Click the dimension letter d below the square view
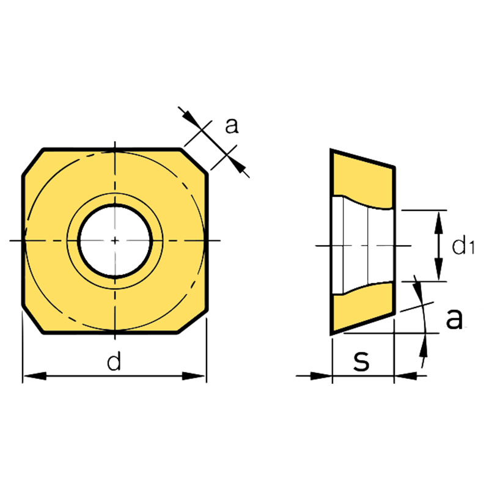coord(114,362)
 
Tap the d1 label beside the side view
coord(463,246)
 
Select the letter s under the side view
coord(362,361)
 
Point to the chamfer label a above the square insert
coord(231,125)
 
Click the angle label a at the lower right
coord(454,318)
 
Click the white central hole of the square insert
coord(115,241)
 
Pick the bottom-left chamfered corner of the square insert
coord(33,322)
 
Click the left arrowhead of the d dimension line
coord(31,376)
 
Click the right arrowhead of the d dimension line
coord(198,376)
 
